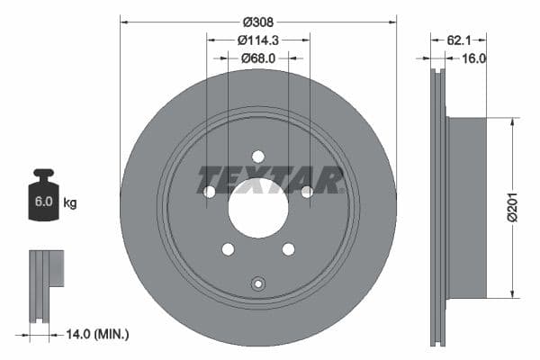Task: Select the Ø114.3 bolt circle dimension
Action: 258,40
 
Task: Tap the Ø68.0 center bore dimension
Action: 258,58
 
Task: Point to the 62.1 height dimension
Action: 459,40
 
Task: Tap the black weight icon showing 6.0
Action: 43,192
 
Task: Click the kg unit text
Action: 70,202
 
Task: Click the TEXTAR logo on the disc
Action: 269,179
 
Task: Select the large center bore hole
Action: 258,208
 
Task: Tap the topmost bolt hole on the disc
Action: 258,156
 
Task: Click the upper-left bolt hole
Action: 210,191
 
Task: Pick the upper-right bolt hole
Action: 307,191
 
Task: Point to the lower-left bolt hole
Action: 228,249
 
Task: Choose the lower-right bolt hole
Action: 288,249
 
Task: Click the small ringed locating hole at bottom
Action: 258,283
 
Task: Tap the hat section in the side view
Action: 466,208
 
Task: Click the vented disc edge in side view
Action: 438,208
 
